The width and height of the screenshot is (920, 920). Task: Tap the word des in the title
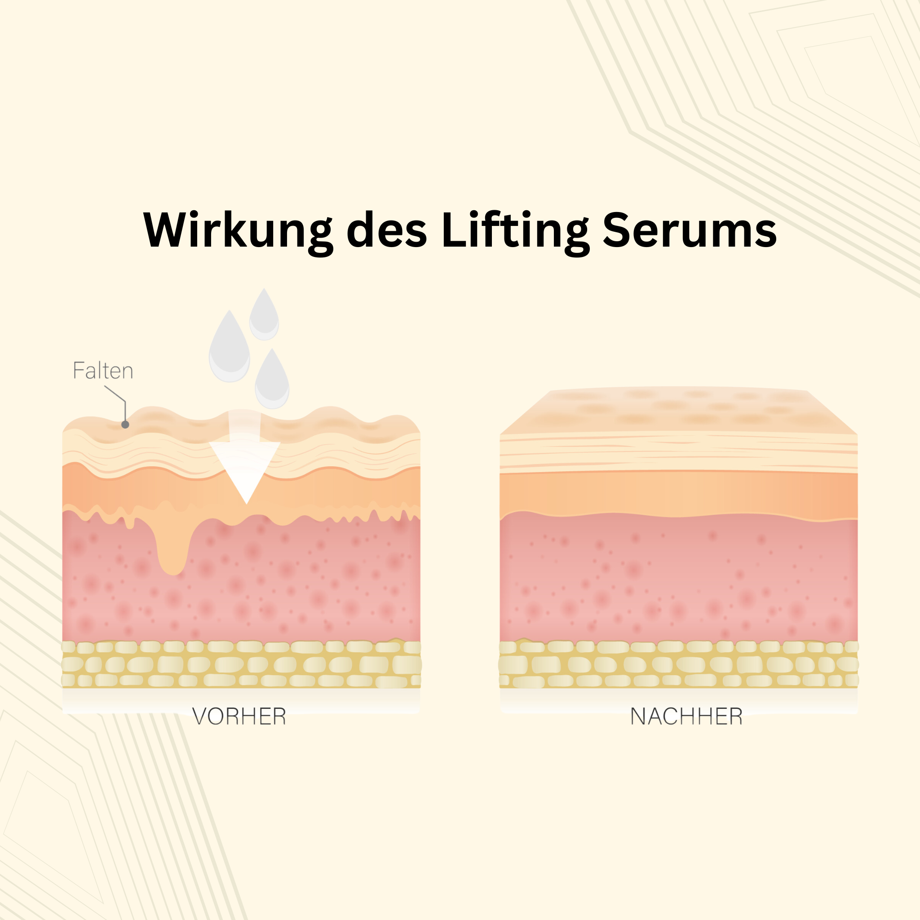386,230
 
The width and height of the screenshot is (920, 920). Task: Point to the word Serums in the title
690,230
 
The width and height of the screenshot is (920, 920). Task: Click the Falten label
103,371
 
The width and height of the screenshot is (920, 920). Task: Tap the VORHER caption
239,717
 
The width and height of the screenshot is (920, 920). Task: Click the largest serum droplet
229,350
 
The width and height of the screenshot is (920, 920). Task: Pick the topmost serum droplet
264,316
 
